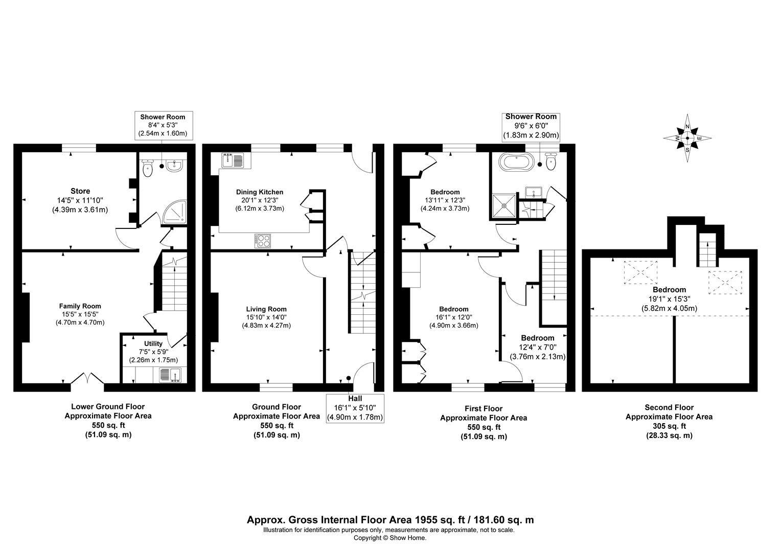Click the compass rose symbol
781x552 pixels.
(x=687, y=138)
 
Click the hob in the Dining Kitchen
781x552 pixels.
(x=263, y=241)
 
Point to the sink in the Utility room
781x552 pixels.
(x=170, y=375)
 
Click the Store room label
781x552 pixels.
(x=80, y=191)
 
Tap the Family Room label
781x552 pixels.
(x=80, y=306)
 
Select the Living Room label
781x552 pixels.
(x=266, y=309)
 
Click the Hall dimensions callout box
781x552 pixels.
(x=355, y=408)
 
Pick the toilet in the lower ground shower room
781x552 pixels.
(x=148, y=169)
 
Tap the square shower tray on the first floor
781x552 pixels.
(x=504, y=205)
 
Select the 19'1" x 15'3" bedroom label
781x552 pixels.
(x=670, y=299)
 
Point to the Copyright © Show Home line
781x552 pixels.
(x=390, y=538)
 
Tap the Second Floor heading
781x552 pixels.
(x=669, y=407)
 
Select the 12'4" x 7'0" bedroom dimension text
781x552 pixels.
(x=538, y=348)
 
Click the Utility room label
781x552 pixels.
(x=153, y=343)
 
